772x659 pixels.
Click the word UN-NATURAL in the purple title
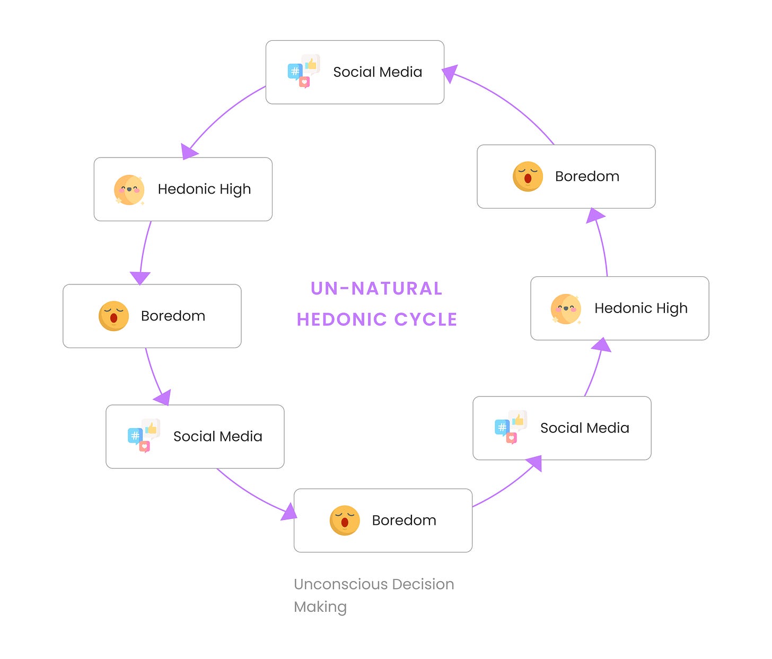click(376, 289)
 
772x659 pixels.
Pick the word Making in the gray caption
click(320, 606)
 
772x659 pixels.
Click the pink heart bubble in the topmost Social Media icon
click(304, 82)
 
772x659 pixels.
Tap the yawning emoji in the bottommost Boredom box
click(345, 520)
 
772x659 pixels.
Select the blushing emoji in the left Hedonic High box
click(129, 189)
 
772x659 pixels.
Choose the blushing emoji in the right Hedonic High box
click(566, 308)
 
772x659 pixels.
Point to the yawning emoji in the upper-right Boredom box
click(528, 176)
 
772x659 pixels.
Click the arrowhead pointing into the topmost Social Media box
click(450, 74)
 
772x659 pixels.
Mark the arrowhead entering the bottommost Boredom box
click(289, 513)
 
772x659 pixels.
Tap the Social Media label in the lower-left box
click(218, 437)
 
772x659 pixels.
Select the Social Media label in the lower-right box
click(585, 428)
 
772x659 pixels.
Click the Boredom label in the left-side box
click(173, 316)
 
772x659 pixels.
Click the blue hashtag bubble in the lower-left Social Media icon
click(135, 436)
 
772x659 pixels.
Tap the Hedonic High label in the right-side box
click(641, 308)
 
